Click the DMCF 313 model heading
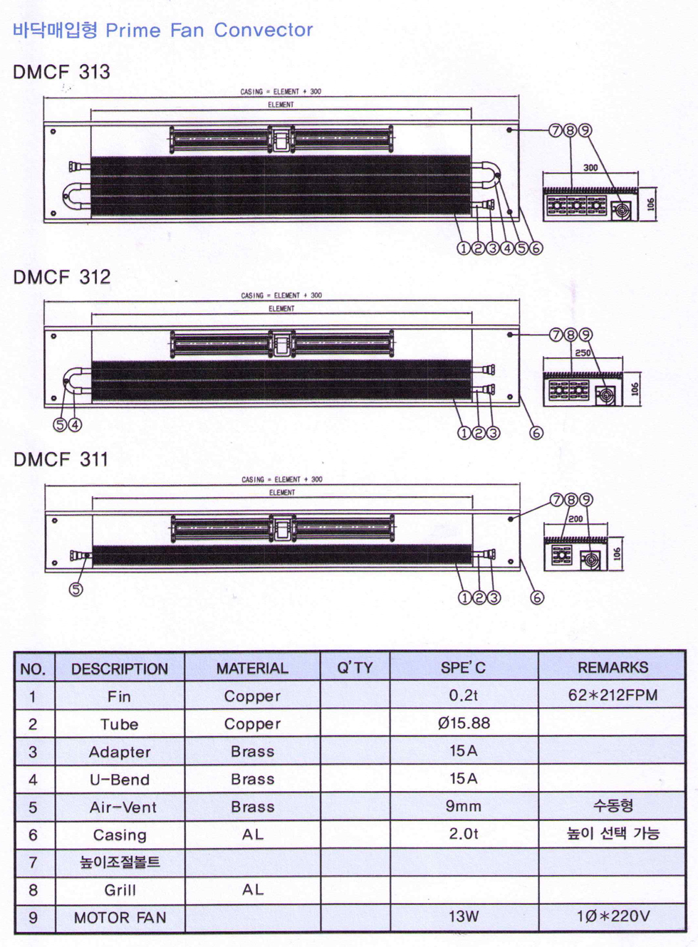[x=62, y=72]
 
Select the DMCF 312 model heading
[x=62, y=277]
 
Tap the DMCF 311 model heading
[x=61, y=460]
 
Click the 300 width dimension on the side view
[x=590, y=168]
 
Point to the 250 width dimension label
[x=583, y=353]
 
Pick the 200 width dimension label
[x=575, y=519]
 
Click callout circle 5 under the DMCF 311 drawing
[x=76, y=590]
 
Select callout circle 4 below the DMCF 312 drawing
[x=75, y=425]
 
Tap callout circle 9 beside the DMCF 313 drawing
[x=585, y=130]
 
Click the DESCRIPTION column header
[x=120, y=669]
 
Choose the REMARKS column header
[x=613, y=668]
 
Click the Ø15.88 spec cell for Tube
[x=464, y=723]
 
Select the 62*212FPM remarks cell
[x=613, y=695]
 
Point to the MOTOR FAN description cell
[x=120, y=918]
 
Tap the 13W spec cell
[x=464, y=917]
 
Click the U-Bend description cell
[x=120, y=780]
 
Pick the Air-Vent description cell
[x=123, y=807]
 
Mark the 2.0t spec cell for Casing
[x=464, y=834]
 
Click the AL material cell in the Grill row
[x=253, y=890]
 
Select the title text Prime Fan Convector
[x=209, y=31]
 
